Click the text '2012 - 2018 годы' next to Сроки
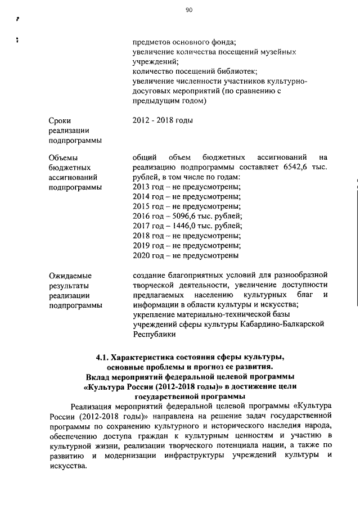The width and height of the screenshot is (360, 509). (x=163, y=120)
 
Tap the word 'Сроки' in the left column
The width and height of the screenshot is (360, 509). (x=60, y=120)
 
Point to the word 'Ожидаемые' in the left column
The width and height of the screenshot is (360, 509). (x=70, y=276)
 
